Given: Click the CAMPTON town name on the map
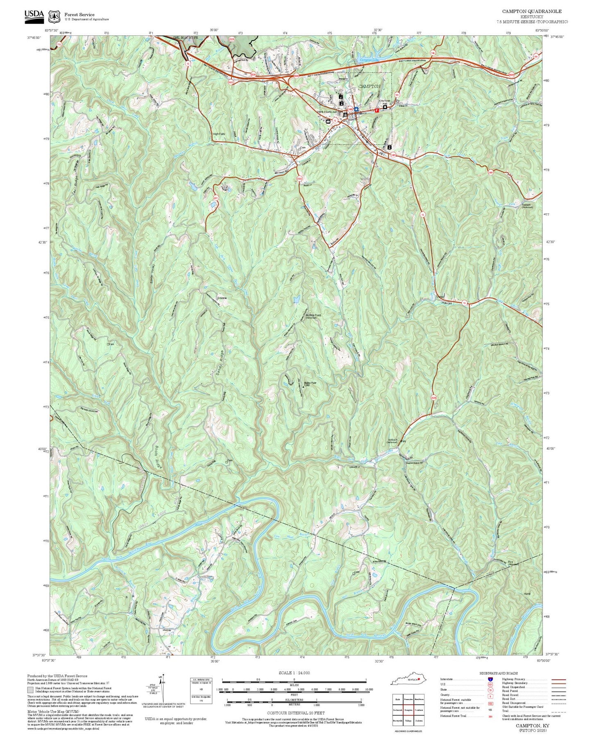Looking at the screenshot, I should (369, 86).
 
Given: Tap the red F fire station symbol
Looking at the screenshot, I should (377, 110).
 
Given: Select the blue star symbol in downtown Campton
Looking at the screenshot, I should (357, 109).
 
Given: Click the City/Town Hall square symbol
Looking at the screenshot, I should (385, 107).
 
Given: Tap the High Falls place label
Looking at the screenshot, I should (219, 134).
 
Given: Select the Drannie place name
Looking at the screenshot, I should (222, 298).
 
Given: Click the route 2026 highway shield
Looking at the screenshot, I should (433, 397).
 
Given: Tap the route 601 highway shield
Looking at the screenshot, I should (215, 198).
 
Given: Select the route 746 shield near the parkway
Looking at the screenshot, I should (433, 52).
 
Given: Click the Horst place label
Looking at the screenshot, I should (527, 594).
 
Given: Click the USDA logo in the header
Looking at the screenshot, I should (34, 15).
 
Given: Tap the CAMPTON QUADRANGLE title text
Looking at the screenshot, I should (532, 11).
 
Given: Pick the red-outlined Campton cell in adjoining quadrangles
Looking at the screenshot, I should (408, 710).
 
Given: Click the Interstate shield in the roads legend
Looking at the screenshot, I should (490, 679).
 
